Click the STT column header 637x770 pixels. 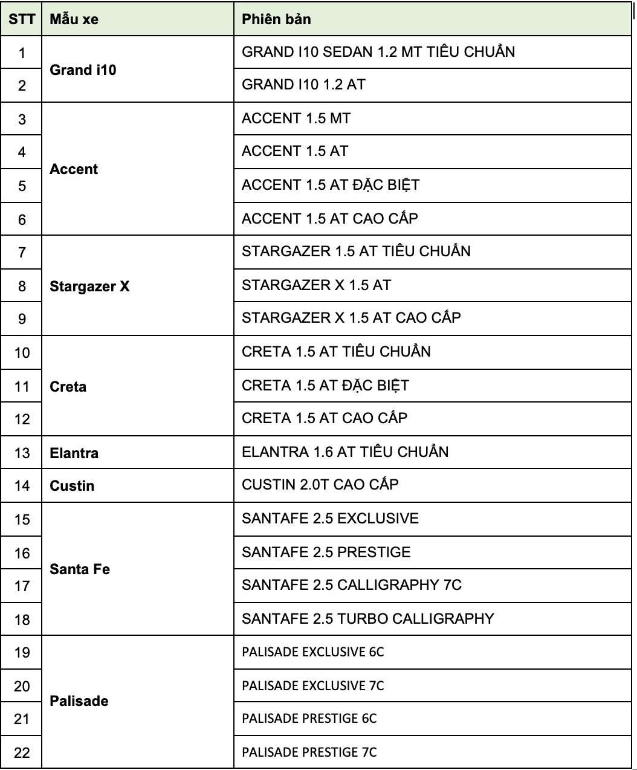click(22, 19)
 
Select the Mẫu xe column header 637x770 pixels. click(74, 19)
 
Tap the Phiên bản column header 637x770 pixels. click(276, 19)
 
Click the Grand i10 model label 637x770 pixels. click(83, 70)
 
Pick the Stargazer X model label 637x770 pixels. click(89, 286)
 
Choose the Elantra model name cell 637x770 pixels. click(74, 453)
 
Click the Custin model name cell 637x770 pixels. click(72, 486)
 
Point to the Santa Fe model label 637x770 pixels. click(80, 569)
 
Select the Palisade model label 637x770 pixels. click(79, 701)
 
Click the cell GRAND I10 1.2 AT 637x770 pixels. click(303, 85)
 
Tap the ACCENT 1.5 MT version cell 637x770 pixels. click(296, 118)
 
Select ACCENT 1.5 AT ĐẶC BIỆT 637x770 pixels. click(331, 185)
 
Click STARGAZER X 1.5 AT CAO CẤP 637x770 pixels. click(351, 318)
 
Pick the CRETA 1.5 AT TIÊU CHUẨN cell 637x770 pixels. click(336, 352)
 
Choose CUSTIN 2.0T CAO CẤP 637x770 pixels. click(320, 485)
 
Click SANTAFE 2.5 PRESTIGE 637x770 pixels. click(326, 552)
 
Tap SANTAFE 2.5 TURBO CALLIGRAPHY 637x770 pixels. click(367, 619)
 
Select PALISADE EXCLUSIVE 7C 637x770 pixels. click(313, 686)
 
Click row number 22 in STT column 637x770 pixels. click(22, 753)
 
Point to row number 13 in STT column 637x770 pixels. click(22, 453)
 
